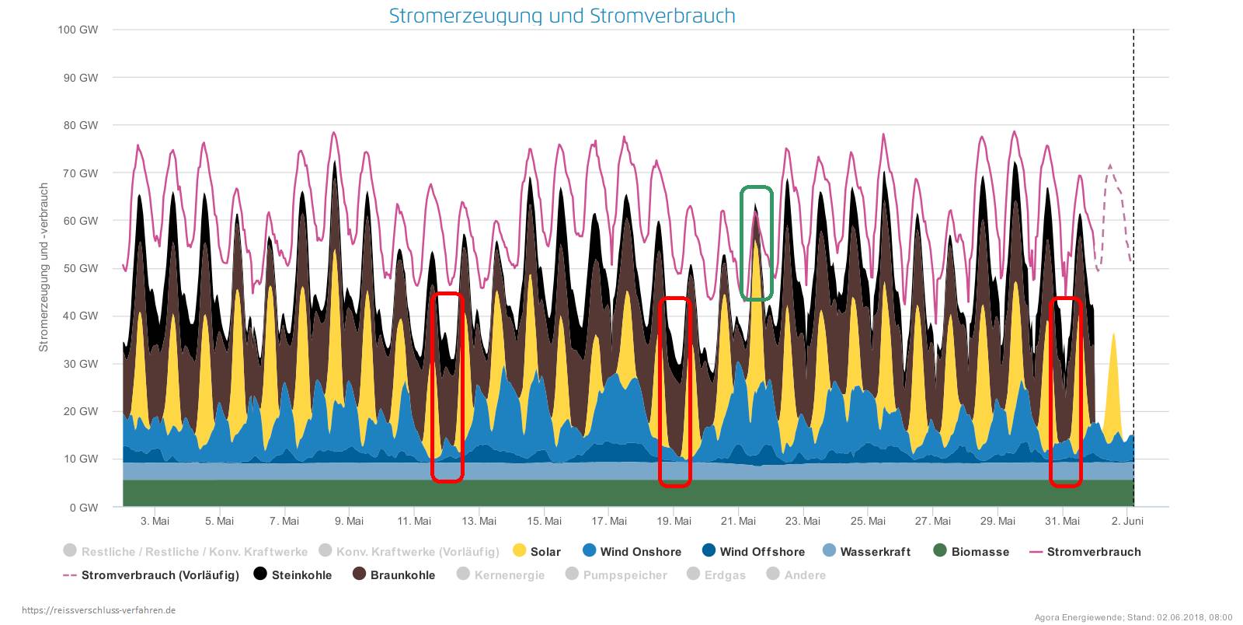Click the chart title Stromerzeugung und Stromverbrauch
pos(562,16)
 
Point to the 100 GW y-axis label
pos(78,30)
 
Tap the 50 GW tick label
pos(82,268)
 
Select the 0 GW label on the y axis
pos(85,508)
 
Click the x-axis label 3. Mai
pos(155,521)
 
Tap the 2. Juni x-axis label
pos(1126,521)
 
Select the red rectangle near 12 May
pos(447,386)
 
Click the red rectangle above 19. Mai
pos(674,392)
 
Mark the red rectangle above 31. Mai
pos(1065,392)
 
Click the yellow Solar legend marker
pos(520,551)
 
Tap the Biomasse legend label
pos(980,552)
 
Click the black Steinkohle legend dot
pos(261,574)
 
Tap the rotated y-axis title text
pos(44,267)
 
